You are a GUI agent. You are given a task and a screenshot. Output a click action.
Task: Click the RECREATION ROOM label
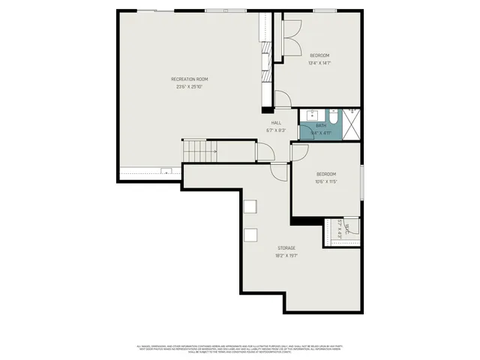point(189,79)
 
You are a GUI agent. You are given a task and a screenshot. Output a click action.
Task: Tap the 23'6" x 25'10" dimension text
point(189,86)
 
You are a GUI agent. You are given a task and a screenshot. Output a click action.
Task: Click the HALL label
point(276,122)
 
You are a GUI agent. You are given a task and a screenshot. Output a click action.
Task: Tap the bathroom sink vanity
point(309,116)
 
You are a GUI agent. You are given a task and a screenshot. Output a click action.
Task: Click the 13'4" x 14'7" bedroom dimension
point(319,63)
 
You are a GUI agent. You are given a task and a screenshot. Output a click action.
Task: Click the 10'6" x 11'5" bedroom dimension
point(326,181)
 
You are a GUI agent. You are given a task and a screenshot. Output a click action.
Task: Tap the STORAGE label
point(286,248)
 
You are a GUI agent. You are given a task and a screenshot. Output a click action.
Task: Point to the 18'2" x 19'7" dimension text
point(286,256)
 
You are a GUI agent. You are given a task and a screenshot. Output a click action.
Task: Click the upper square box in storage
point(250,207)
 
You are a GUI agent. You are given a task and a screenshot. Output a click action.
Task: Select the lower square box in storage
point(250,235)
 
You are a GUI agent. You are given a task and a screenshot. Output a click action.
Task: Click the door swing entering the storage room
point(279,172)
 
